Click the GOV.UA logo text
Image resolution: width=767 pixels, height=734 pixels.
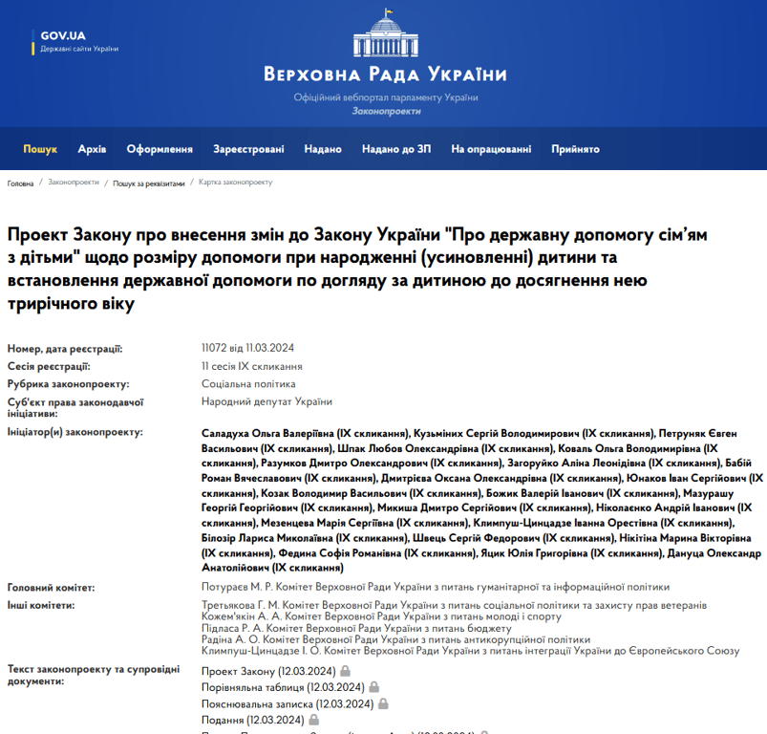click(x=63, y=35)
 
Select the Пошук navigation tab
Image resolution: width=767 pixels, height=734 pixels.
click(x=40, y=149)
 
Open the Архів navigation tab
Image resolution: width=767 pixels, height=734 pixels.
click(x=92, y=149)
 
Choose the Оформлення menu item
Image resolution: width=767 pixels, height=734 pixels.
click(x=160, y=149)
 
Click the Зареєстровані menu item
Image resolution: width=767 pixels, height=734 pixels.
click(x=248, y=149)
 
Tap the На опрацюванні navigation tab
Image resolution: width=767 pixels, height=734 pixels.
click(x=491, y=149)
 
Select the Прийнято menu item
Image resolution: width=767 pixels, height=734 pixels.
click(x=575, y=149)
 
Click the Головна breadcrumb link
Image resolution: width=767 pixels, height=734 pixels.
click(x=21, y=183)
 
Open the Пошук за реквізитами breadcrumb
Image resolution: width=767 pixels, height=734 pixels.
click(x=149, y=183)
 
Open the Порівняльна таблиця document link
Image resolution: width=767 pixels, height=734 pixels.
click(x=283, y=687)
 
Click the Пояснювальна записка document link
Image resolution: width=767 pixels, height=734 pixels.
click(x=287, y=703)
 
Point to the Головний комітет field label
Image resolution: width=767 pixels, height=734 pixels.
click(x=50, y=587)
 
